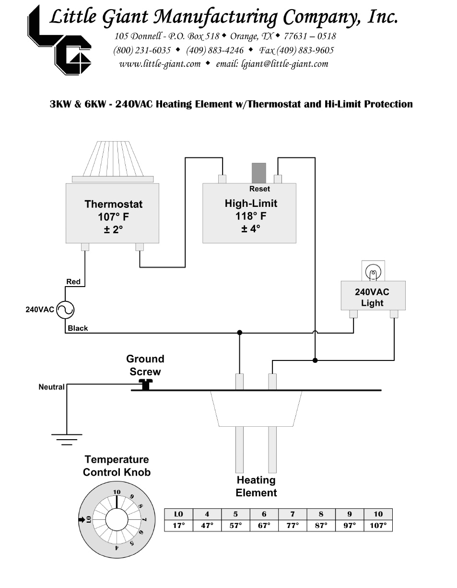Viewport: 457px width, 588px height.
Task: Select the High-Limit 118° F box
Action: pos(249,213)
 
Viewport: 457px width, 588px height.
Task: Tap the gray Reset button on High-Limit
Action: pos(259,173)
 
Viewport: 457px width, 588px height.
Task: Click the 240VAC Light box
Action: pos(373,296)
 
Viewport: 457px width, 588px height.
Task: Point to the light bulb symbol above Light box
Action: pos(373,272)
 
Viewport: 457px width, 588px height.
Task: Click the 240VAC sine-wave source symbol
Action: pos(65,310)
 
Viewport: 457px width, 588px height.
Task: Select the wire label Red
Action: pos(73,282)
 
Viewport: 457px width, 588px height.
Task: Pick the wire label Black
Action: pos(78,328)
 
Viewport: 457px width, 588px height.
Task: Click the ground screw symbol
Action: pos(145,384)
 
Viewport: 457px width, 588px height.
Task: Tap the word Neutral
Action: pos(51,387)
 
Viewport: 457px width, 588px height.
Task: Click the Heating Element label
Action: pos(256,486)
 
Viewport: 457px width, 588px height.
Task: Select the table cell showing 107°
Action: pos(378,526)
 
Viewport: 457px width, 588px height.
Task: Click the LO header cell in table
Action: pos(178,514)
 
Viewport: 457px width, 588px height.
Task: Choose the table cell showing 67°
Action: pos(264,526)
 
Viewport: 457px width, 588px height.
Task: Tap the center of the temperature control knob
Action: pos(116,519)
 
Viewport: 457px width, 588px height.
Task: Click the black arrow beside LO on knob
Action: pos(81,519)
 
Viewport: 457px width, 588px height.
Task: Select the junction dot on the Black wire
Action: pos(239,332)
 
